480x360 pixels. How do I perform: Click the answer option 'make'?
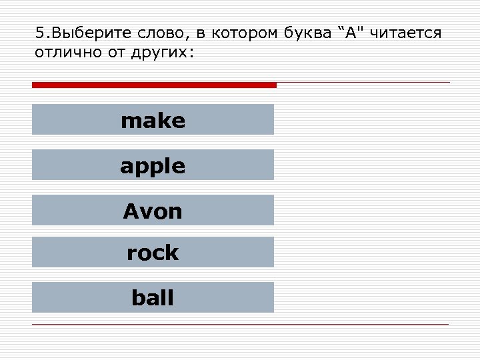[153, 120]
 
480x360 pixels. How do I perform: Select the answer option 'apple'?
[153, 165]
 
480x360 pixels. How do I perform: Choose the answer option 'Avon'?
[153, 211]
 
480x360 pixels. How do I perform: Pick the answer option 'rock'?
[153, 253]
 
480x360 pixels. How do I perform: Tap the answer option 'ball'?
[153, 297]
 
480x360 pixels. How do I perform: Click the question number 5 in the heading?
[38, 33]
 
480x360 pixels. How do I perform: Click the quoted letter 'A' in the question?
[352, 33]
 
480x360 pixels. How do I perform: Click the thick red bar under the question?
[154, 85]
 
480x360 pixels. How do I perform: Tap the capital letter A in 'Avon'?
[129, 211]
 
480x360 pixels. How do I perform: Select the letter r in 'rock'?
[131, 253]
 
